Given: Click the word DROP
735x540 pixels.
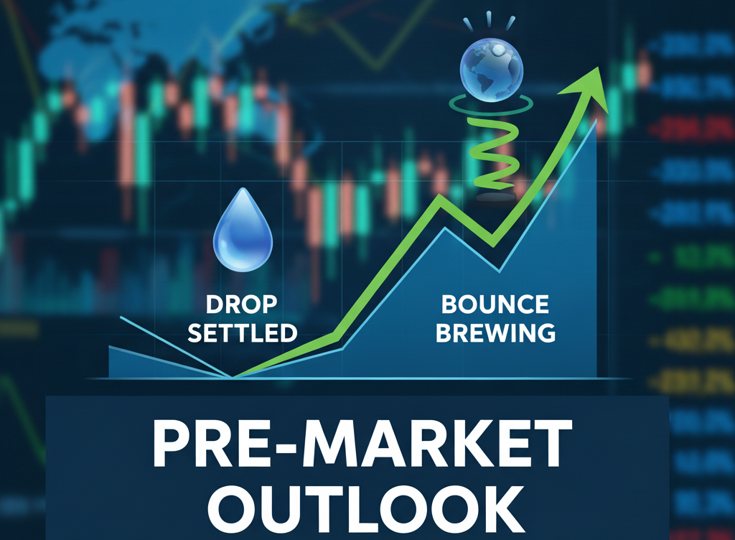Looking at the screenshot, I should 241,304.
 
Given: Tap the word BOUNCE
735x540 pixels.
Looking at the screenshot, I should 495,304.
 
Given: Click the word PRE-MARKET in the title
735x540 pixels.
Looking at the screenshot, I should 364,443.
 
